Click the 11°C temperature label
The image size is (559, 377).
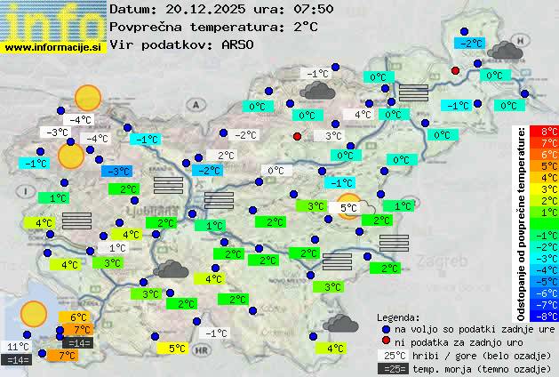(x=18, y=347)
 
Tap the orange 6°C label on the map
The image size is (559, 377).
(x=78, y=317)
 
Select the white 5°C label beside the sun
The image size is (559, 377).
(x=347, y=208)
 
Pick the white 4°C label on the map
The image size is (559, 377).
(x=363, y=115)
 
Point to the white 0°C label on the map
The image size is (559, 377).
(x=276, y=171)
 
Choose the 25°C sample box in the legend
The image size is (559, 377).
(x=391, y=355)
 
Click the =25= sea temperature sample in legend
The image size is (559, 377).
(x=391, y=368)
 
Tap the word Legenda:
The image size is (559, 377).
(x=398, y=317)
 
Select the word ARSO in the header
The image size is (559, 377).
(x=240, y=44)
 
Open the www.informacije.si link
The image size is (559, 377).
(x=53, y=47)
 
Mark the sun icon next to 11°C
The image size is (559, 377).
(x=34, y=313)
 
